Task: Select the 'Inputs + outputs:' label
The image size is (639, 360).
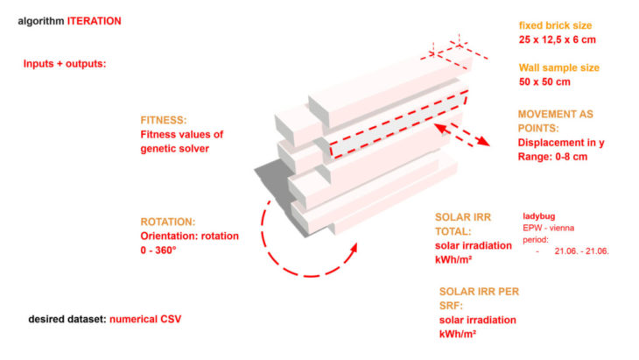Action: point(64,63)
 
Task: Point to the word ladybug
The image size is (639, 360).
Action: point(542,214)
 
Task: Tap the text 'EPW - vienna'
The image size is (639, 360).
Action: point(552,226)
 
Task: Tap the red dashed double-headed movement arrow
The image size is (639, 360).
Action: point(462,134)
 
